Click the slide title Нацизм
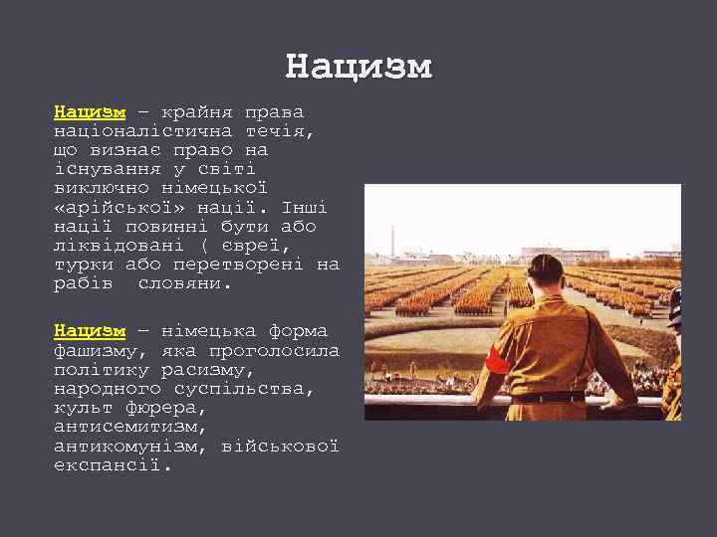point(358,68)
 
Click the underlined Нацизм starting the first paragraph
point(90,111)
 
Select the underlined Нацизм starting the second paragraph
point(90,331)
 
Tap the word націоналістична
point(143,131)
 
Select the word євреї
point(258,246)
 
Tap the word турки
point(84,265)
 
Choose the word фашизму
point(96,351)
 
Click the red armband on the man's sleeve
point(497,359)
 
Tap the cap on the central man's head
point(545,265)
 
